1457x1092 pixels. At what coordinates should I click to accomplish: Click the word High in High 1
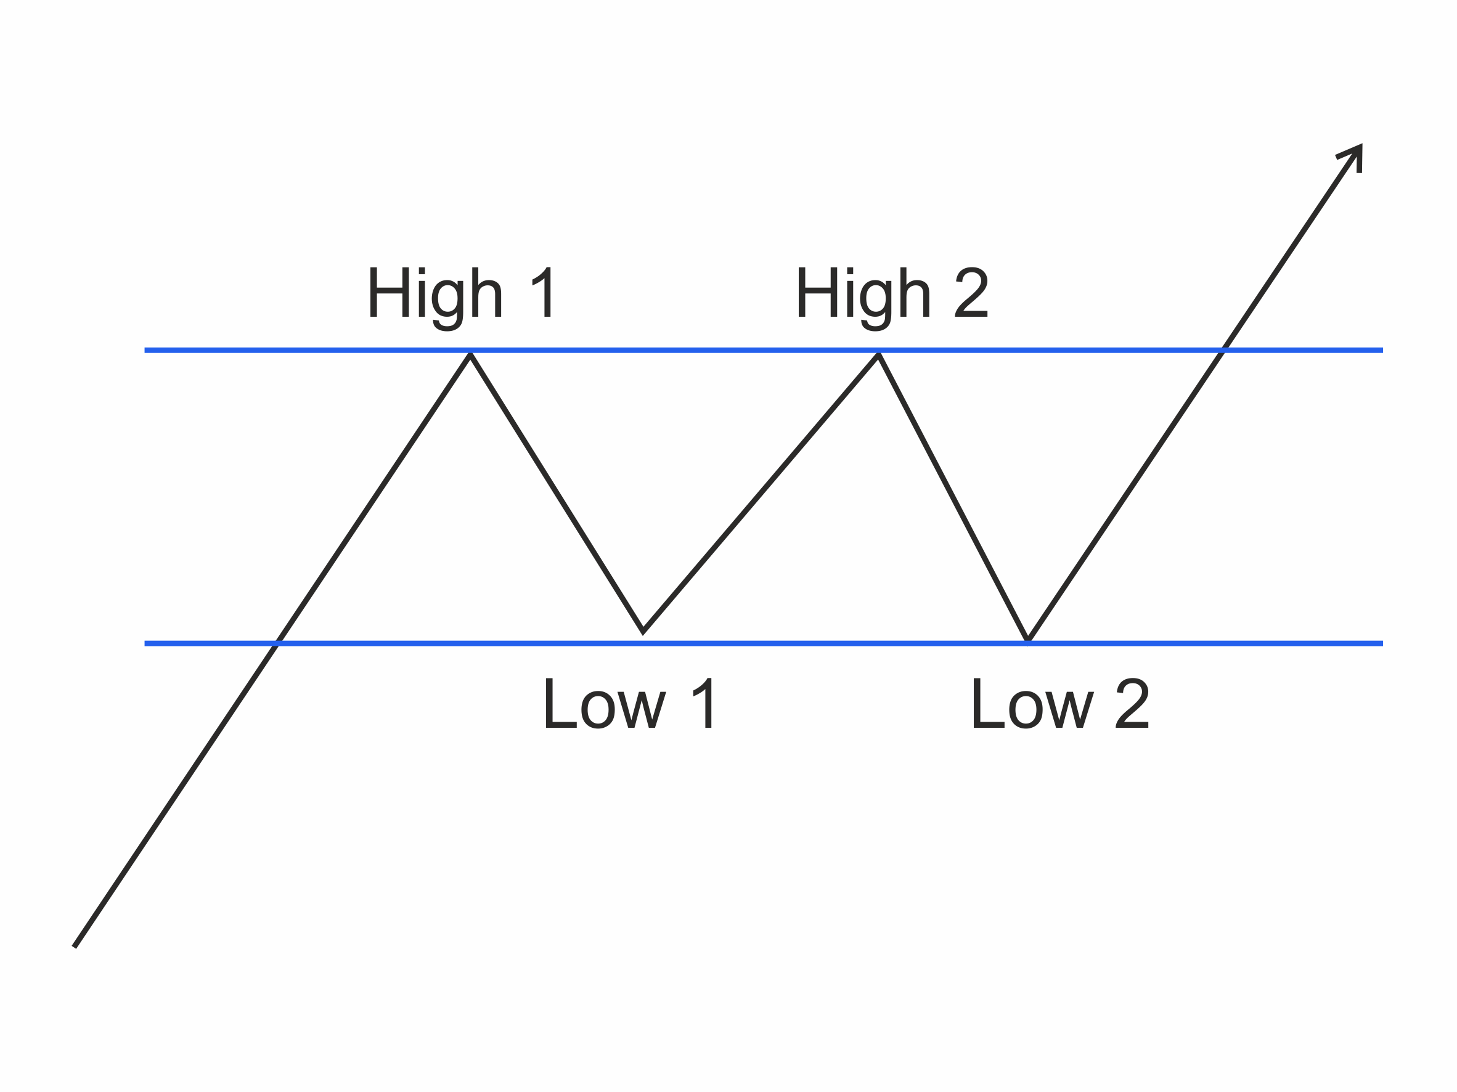[x=435, y=293]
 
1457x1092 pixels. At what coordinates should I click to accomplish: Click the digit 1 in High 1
[x=544, y=293]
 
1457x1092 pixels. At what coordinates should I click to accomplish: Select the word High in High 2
[x=863, y=293]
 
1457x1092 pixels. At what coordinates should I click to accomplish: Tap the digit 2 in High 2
[x=971, y=293]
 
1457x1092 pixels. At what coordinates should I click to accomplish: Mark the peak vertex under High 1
[x=470, y=354]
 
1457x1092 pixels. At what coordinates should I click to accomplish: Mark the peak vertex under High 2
[x=879, y=354]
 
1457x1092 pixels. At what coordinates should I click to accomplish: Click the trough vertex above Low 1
[x=643, y=631]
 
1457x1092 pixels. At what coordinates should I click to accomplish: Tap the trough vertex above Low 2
[x=1028, y=640]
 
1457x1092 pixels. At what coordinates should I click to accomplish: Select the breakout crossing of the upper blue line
[x=1223, y=351]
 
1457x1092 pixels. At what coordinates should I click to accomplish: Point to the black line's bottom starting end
[x=75, y=947]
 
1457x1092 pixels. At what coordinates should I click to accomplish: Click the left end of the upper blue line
[x=145, y=351]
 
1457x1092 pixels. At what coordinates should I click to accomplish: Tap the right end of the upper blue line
[x=1382, y=351]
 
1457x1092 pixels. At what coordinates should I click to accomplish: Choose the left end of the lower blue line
[x=145, y=643]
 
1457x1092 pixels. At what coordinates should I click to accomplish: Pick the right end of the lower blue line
[x=1382, y=643]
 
